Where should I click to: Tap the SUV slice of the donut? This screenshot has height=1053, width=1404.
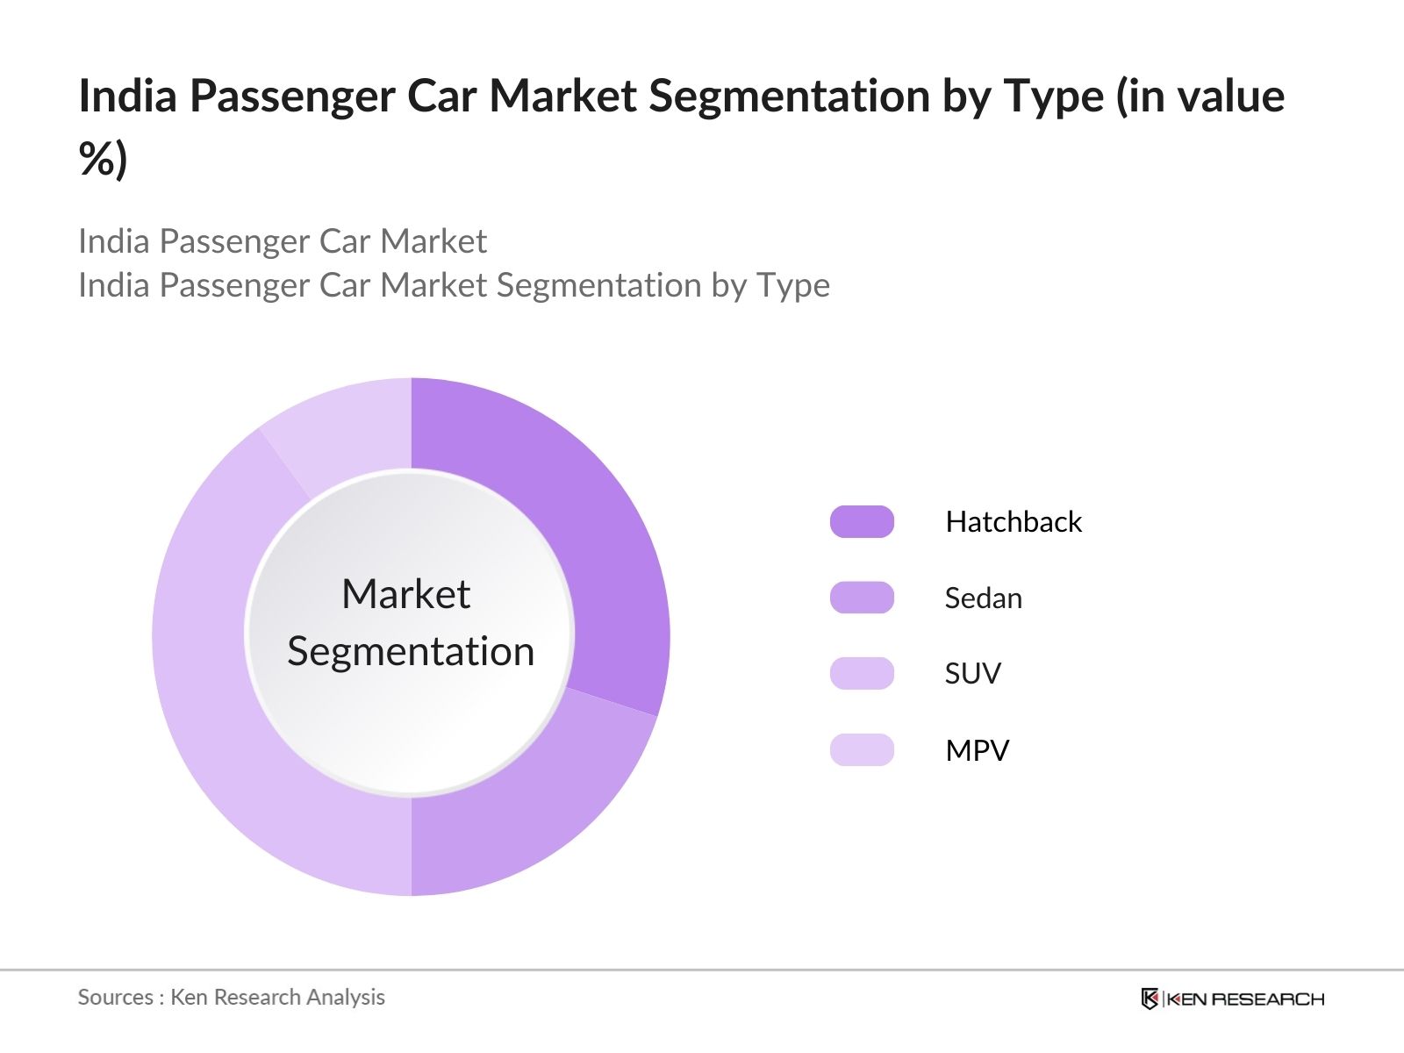tap(228, 702)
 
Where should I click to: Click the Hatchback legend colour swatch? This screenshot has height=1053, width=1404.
tap(862, 522)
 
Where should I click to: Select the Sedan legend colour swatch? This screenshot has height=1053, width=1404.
tap(862, 598)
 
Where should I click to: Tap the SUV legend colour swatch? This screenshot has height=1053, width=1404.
tap(862, 674)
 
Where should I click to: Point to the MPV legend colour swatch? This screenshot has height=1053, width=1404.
tap(862, 750)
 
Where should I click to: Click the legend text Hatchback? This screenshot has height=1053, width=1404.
tap(1014, 522)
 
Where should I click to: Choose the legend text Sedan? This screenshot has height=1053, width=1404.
tap(983, 598)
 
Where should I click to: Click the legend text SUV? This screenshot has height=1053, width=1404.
tap(972, 674)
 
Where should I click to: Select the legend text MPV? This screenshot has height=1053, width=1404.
tap(977, 751)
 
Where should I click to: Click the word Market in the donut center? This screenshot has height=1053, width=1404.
tap(406, 594)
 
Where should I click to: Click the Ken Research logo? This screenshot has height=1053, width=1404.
tap(1232, 999)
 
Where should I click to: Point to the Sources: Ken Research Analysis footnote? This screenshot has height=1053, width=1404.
tap(231, 997)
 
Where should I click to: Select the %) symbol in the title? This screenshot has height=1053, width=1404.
tap(103, 160)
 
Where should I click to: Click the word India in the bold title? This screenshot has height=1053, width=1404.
tap(127, 97)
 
